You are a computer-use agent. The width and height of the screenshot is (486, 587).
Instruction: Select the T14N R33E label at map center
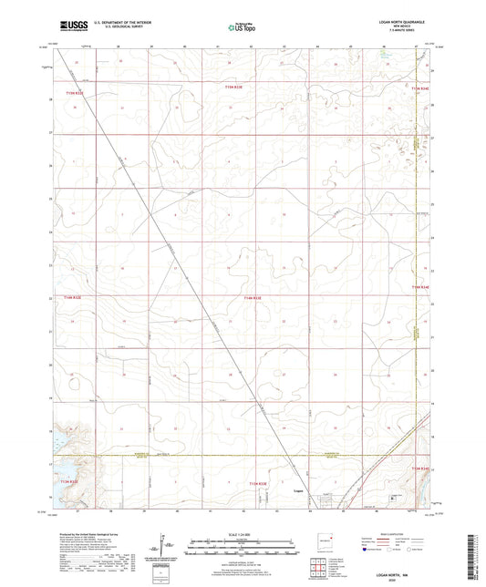[253, 298]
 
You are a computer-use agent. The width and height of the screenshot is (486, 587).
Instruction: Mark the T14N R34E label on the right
[419, 287]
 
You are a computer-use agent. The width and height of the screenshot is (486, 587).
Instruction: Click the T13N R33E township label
[259, 483]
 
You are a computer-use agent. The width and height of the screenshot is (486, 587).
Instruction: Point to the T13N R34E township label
[419, 468]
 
